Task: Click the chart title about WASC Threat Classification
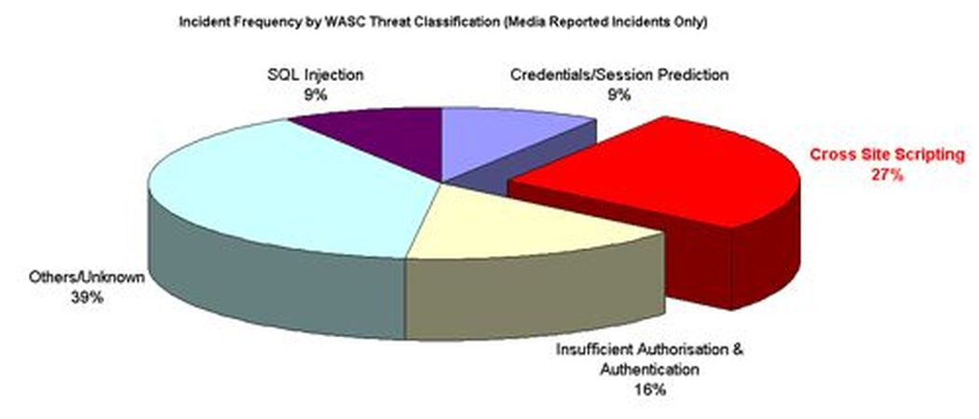[x=442, y=22]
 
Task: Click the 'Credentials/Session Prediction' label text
[x=619, y=75]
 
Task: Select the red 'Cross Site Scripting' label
[x=887, y=155]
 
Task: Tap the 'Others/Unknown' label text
[x=87, y=277]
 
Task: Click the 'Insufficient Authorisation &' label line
[x=650, y=349]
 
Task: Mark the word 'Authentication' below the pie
[x=649, y=370]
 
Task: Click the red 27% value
[x=887, y=175]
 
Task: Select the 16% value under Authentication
[x=650, y=390]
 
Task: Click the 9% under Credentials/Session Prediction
[x=619, y=96]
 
